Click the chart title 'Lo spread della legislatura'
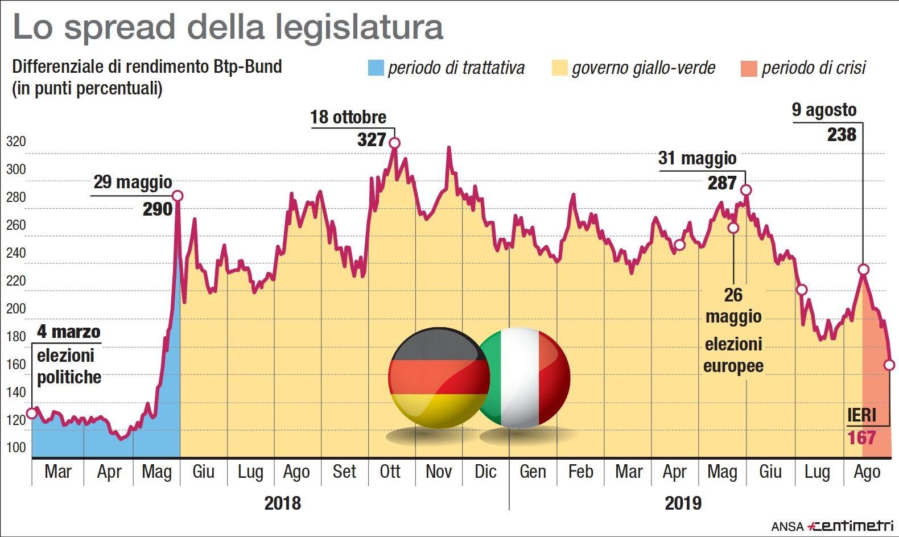point(228,27)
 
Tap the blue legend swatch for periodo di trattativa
point(376,68)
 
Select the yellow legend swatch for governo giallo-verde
point(560,68)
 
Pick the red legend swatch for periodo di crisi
point(749,68)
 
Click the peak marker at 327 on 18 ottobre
point(394,143)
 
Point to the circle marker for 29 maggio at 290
point(178,196)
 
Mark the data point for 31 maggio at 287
point(746,190)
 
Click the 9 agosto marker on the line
point(863,269)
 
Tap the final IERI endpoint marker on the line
point(889,365)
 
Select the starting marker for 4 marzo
point(32,412)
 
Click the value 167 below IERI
point(861,438)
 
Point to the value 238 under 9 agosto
point(842,135)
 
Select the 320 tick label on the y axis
point(16,142)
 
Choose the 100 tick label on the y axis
point(16,447)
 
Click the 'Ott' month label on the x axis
point(390,472)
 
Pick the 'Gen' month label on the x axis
point(533,472)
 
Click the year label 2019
point(683,503)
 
